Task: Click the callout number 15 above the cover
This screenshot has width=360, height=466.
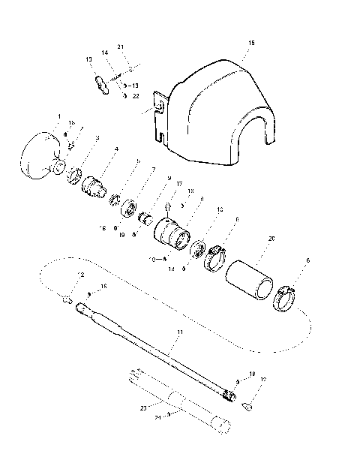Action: pyautogui.click(x=250, y=44)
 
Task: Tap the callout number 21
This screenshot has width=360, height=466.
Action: pyautogui.click(x=120, y=47)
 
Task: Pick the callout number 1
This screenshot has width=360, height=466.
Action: pyautogui.click(x=58, y=116)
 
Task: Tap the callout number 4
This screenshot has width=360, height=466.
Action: pyautogui.click(x=115, y=149)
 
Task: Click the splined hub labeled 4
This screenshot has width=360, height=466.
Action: pyautogui.click(x=96, y=182)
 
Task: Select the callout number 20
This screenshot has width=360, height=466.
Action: pyautogui.click(x=271, y=238)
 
